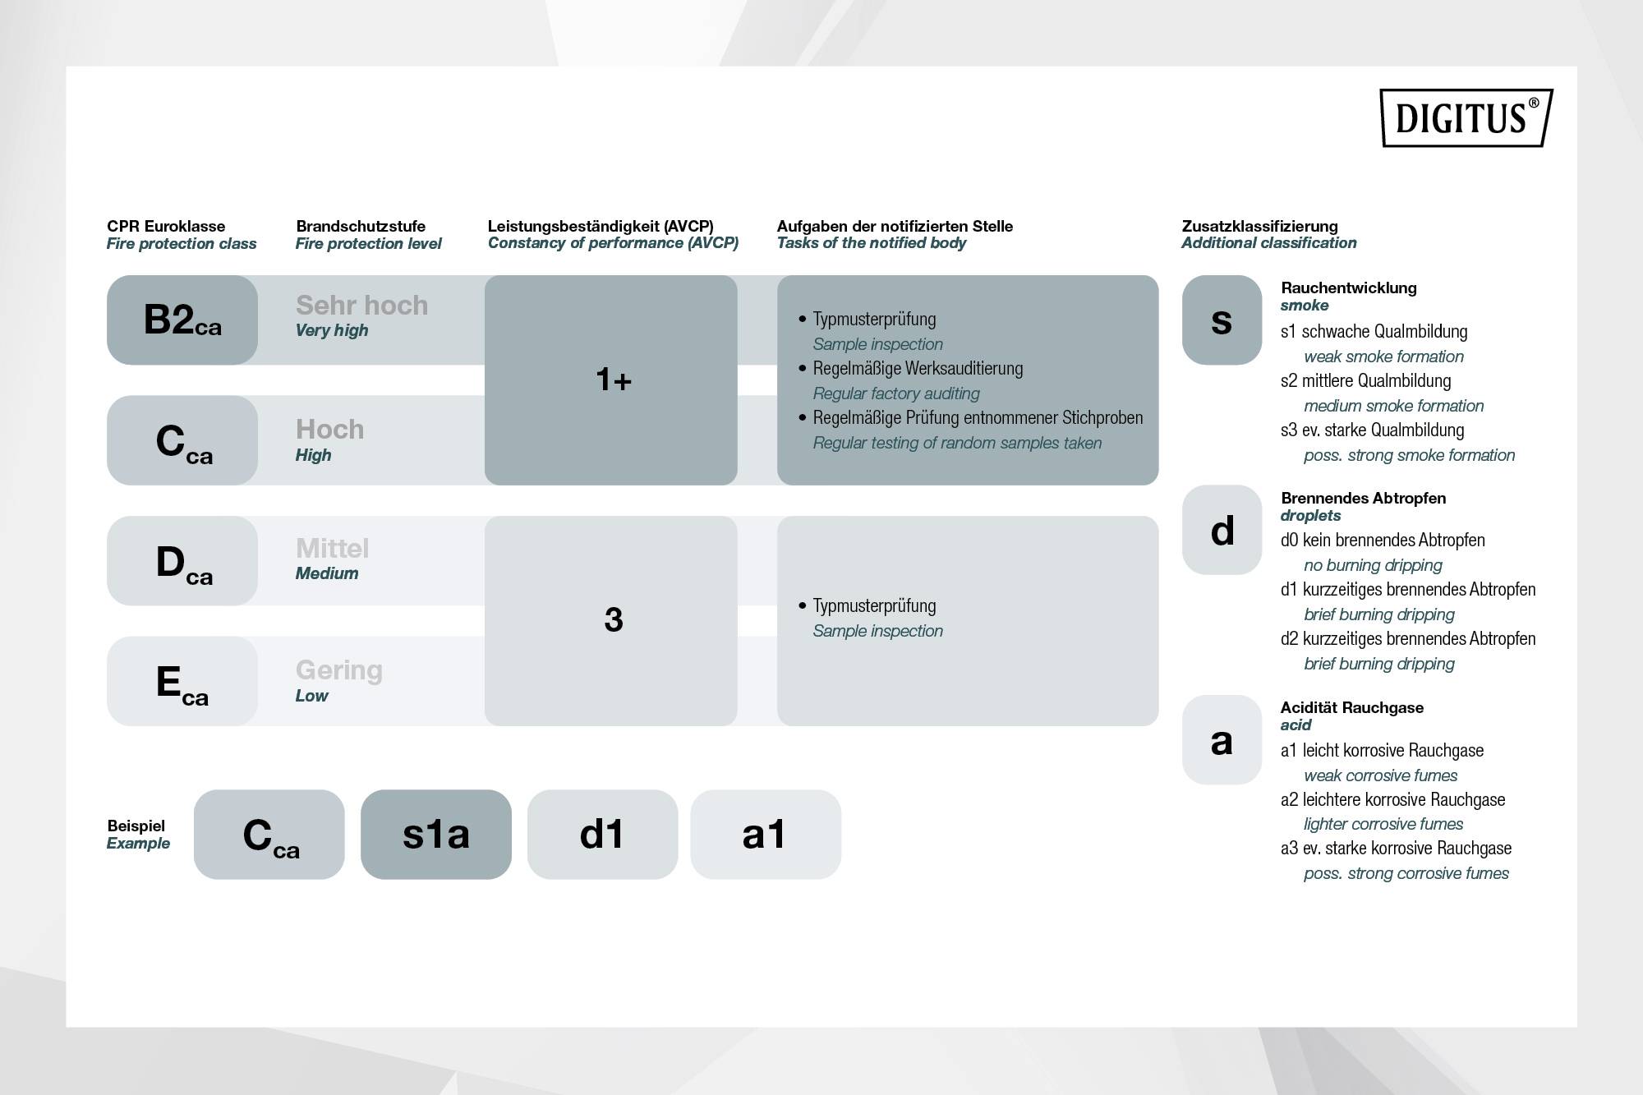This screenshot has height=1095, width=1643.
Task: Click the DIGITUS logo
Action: coord(1466,118)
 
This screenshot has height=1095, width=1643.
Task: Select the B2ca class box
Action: coord(182,320)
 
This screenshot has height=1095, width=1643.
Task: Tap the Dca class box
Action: coord(182,561)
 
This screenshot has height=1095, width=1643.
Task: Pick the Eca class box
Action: coord(182,681)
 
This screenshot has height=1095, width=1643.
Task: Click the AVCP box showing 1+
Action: coord(611,380)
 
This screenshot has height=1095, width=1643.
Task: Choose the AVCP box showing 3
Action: coord(611,620)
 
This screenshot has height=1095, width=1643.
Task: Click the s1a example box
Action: coord(436,835)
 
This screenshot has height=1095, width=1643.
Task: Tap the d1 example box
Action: coord(602,835)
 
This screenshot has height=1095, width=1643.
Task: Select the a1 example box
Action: coord(765,835)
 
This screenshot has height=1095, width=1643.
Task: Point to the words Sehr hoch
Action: coord(361,306)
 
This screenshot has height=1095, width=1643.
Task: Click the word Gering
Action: coord(338,670)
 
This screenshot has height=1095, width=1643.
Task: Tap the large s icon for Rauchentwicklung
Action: coord(1222,320)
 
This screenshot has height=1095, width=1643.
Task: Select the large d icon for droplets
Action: coord(1222,530)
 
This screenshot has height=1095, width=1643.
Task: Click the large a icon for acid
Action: coord(1222,740)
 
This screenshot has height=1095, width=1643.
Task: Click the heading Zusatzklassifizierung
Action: coord(1259,226)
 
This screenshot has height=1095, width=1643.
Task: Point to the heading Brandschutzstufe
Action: coord(361,226)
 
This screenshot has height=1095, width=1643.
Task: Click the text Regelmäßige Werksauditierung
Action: coord(918,369)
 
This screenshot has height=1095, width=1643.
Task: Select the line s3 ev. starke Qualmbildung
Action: coord(1372,430)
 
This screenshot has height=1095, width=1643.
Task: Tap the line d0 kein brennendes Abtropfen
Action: coord(1383,541)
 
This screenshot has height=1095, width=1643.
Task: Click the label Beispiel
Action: coord(136,826)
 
